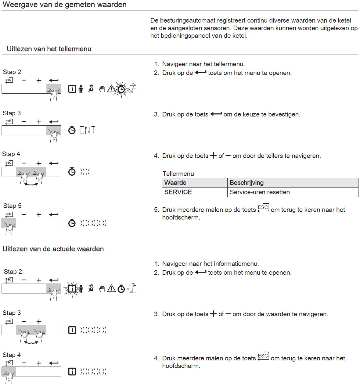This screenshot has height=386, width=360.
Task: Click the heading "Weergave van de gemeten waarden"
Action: coord(65,5)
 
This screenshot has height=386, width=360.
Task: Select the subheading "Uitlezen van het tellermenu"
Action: coord(49,49)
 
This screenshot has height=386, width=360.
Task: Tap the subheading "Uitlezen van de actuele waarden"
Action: coord(53,249)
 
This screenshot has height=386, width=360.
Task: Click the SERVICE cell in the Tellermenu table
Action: coord(178,192)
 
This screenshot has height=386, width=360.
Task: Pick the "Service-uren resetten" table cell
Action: coord(260,192)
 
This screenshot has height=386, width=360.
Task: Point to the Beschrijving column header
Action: coord(247,183)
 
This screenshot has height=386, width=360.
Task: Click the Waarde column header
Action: coord(175,183)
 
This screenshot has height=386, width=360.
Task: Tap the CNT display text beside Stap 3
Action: coord(87,130)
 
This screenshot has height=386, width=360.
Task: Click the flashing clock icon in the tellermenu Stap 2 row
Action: coord(121,89)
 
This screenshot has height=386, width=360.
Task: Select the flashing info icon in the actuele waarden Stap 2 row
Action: coord(72,289)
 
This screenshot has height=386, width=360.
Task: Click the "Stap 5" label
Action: coord(12,206)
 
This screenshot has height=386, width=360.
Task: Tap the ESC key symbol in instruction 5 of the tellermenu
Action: coord(263,208)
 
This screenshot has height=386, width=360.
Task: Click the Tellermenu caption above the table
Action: coord(178,173)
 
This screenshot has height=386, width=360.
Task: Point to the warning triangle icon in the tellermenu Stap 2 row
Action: coord(111,89)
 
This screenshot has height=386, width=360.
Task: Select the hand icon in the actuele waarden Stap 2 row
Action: coord(102,289)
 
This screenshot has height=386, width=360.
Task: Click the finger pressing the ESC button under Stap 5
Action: coord(9,229)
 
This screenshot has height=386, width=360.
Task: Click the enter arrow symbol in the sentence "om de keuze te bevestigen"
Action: coord(216,114)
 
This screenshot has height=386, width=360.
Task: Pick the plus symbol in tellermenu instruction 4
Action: coord(213,155)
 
